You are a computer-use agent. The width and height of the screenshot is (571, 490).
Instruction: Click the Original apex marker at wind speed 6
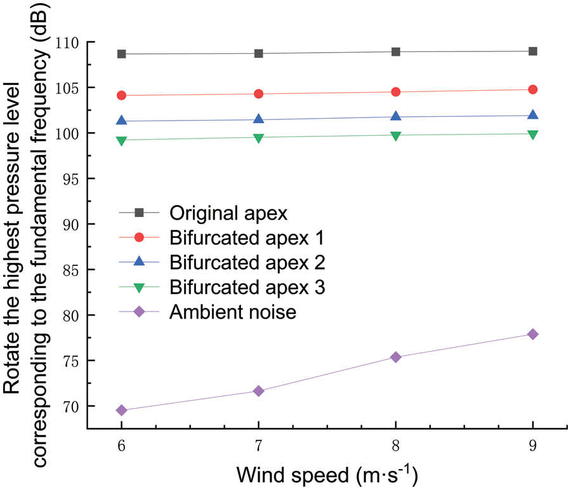(x=121, y=54)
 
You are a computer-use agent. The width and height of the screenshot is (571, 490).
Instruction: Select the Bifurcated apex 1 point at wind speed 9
(x=533, y=89)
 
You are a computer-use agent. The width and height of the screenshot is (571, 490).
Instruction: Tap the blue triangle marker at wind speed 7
(x=258, y=119)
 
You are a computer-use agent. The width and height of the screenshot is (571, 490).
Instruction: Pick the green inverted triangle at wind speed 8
(x=396, y=135)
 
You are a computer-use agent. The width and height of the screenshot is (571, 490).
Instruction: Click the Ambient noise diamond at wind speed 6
(x=121, y=411)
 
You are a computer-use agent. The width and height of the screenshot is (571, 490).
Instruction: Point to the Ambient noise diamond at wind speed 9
(x=533, y=334)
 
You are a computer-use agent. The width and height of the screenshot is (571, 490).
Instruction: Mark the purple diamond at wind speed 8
(x=396, y=357)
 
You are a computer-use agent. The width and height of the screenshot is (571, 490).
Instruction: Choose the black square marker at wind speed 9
(x=533, y=51)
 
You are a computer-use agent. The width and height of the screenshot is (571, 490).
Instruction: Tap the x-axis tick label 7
(x=258, y=447)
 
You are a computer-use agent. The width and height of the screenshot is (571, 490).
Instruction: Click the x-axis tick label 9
(x=533, y=447)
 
